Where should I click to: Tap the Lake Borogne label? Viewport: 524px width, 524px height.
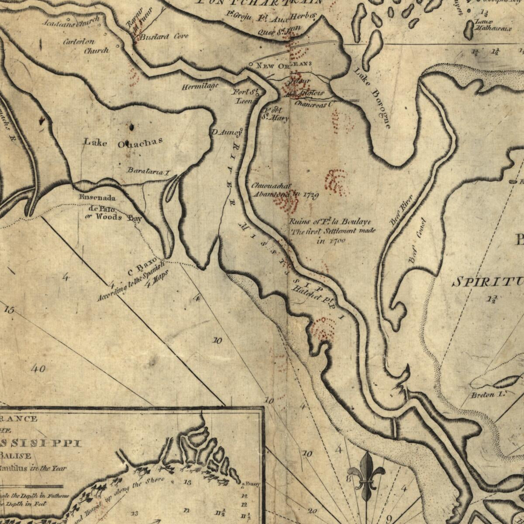(x=372, y=98)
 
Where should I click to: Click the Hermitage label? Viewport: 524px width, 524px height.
(x=200, y=86)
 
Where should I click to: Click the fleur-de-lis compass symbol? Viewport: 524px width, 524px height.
(x=366, y=476)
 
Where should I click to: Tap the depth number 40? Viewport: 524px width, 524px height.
(x=38, y=369)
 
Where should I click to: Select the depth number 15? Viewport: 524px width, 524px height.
(x=9, y=310)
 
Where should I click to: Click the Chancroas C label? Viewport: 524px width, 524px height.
(x=313, y=104)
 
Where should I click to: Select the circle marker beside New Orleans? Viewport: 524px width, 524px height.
(x=250, y=65)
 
